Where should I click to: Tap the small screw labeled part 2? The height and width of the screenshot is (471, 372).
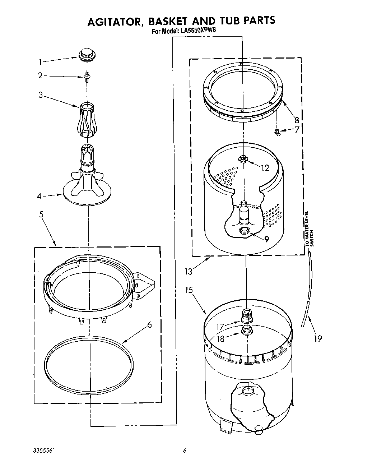[87, 77]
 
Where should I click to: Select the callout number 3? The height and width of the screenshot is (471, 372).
[41, 95]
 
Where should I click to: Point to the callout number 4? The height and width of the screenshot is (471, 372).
[39, 196]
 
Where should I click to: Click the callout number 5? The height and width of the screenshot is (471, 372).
[41, 214]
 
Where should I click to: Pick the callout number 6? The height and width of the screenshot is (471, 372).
[149, 325]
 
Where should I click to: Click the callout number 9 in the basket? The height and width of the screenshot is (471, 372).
[266, 239]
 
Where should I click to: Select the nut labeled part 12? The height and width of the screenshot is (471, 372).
[243, 158]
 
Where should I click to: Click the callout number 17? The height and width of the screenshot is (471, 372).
[220, 327]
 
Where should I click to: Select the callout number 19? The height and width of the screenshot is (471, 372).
[318, 338]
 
